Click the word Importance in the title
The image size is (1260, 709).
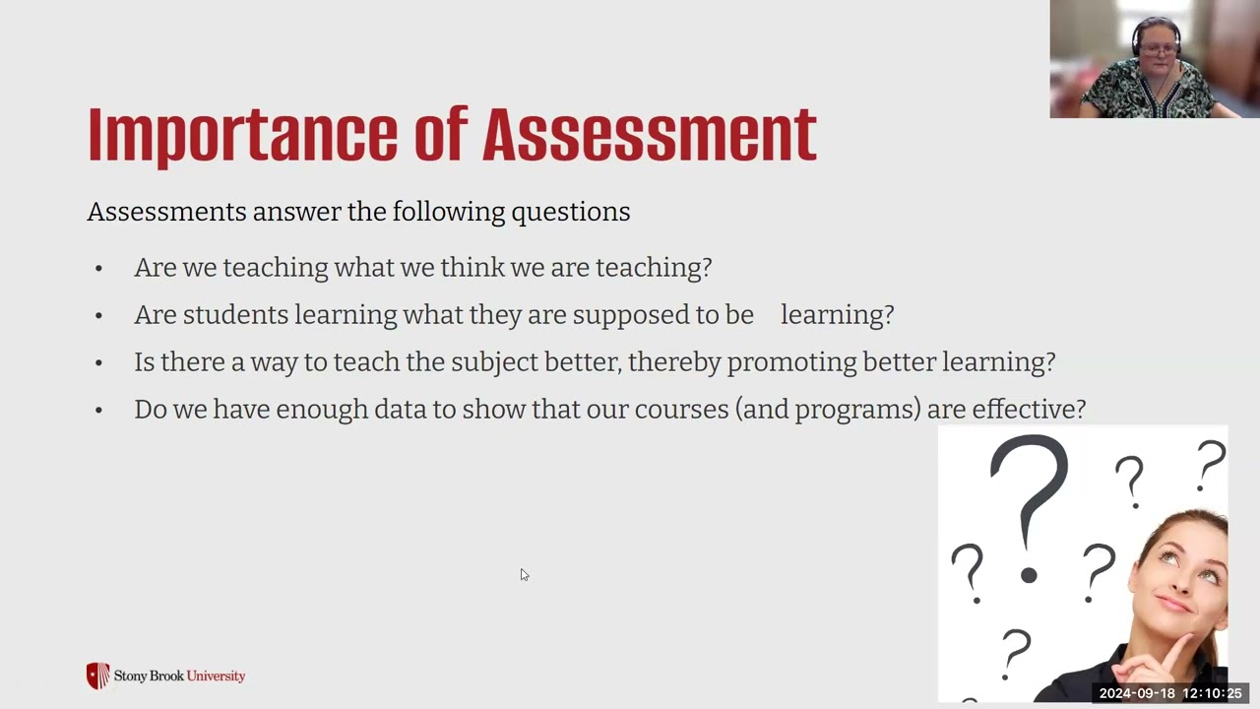tap(241, 134)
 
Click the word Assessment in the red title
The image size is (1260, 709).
tap(649, 134)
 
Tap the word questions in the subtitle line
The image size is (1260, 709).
tap(570, 212)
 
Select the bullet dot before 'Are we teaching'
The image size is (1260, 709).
tap(98, 269)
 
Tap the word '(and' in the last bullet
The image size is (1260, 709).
tap(763, 410)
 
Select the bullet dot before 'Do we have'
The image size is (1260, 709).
tap(98, 411)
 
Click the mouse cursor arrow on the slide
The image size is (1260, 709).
tap(524, 574)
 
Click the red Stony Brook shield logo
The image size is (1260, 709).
tap(97, 676)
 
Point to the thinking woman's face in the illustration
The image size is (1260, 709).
tap(1183, 576)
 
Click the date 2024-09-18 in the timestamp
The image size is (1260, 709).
tap(1137, 693)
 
